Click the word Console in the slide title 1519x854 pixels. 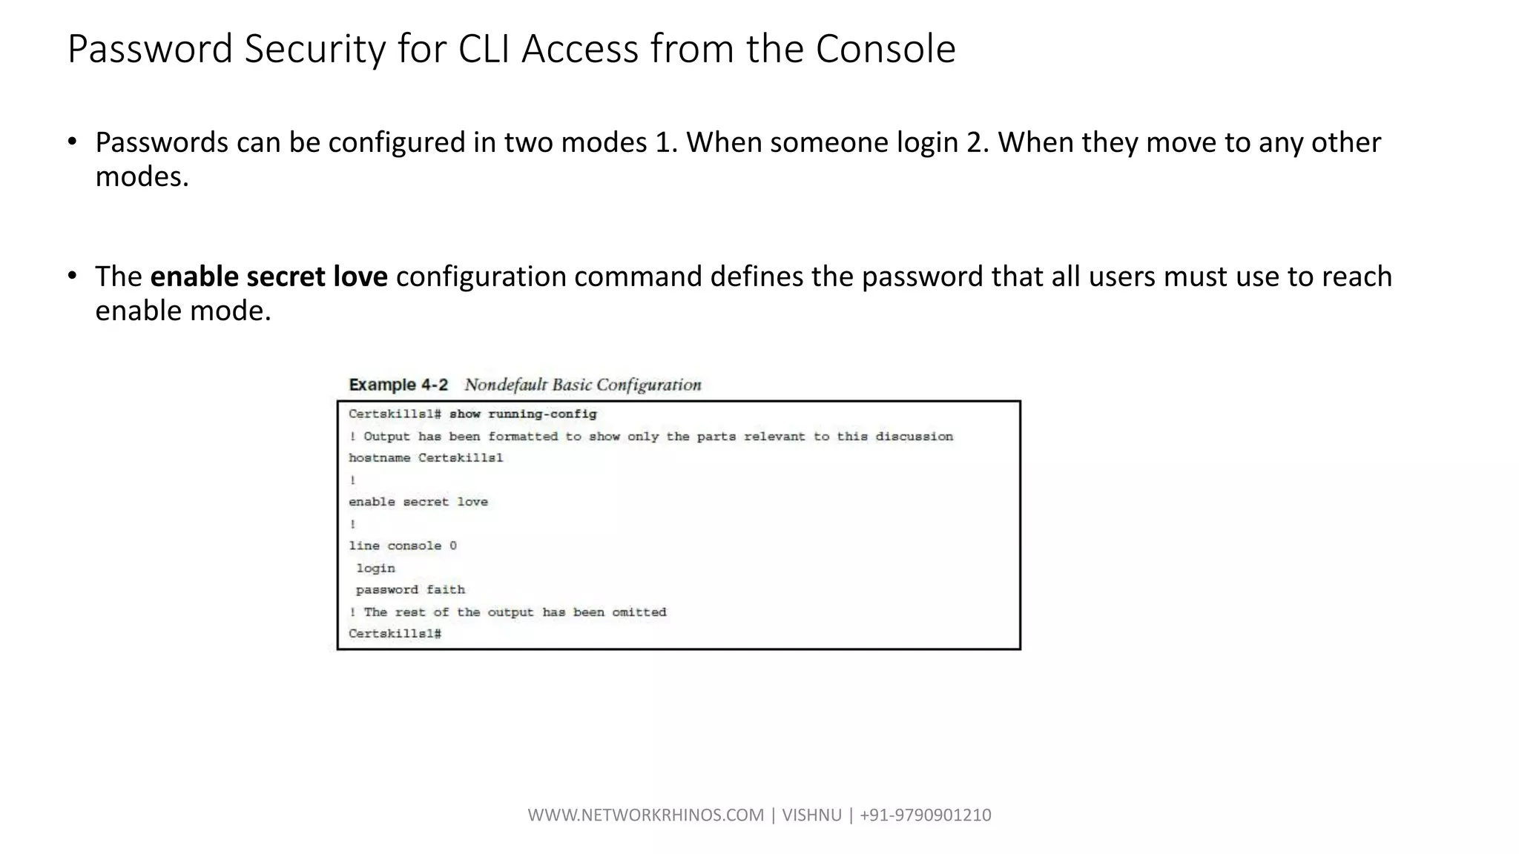coord(886,49)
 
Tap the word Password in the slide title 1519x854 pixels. coord(151,49)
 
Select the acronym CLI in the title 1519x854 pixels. coord(484,49)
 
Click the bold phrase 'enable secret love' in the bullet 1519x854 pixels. coord(268,277)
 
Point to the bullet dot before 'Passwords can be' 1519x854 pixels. coord(72,141)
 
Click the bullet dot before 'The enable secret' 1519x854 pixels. coord(72,276)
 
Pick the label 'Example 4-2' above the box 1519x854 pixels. coord(398,385)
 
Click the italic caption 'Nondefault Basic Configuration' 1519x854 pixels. coord(582,385)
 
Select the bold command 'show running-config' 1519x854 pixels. coord(523,414)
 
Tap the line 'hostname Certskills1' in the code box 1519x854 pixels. coord(426,458)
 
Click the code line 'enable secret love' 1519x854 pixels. coord(418,502)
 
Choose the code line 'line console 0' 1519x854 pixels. coord(403,546)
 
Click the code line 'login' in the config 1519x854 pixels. coord(375,568)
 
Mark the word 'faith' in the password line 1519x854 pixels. coord(446,589)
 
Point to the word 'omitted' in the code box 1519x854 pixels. coord(639,612)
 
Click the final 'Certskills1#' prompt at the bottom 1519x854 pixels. coord(395,634)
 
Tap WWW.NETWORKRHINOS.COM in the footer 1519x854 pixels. coord(645,815)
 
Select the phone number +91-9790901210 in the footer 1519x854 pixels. coord(925,815)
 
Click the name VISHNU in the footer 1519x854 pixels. coord(811,815)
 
